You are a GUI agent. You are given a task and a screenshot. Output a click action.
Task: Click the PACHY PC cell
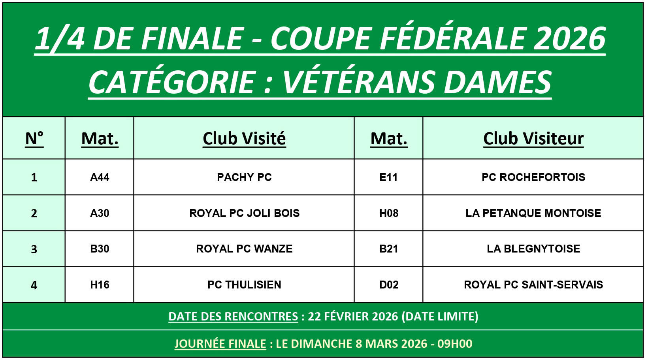click(x=244, y=177)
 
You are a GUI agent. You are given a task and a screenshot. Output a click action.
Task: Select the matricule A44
click(x=100, y=177)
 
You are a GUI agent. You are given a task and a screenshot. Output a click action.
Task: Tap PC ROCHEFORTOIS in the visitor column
click(x=533, y=177)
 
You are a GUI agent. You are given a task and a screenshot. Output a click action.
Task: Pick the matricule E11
click(x=388, y=177)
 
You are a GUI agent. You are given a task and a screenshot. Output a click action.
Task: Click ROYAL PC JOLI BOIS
click(x=244, y=213)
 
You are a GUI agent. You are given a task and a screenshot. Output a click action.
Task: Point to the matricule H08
click(x=389, y=213)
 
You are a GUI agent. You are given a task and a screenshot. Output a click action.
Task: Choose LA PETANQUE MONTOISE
click(x=533, y=213)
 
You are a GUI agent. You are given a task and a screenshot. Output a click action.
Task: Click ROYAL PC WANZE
click(x=244, y=249)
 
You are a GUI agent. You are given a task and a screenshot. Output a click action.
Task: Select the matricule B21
click(x=388, y=249)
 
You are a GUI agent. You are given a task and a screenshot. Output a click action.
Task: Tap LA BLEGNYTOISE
click(x=533, y=249)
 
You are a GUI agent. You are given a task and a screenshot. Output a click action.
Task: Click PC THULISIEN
click(x=244, y=285)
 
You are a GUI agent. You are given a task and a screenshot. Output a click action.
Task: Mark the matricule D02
click(x=389, y=285)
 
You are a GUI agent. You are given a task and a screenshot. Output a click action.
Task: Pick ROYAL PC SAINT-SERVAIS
click(x=533, y=285)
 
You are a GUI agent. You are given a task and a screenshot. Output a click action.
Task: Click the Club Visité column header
click(x=244, y=138)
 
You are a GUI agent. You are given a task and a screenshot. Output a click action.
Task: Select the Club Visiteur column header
click(x=533, y=138)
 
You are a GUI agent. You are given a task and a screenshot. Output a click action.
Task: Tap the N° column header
click(x=34, y=138)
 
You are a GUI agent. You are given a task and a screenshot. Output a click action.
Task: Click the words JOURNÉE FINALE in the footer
click(x=220, y=344)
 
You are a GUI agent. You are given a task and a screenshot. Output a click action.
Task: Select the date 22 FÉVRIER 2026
click(x=353, y=317)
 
